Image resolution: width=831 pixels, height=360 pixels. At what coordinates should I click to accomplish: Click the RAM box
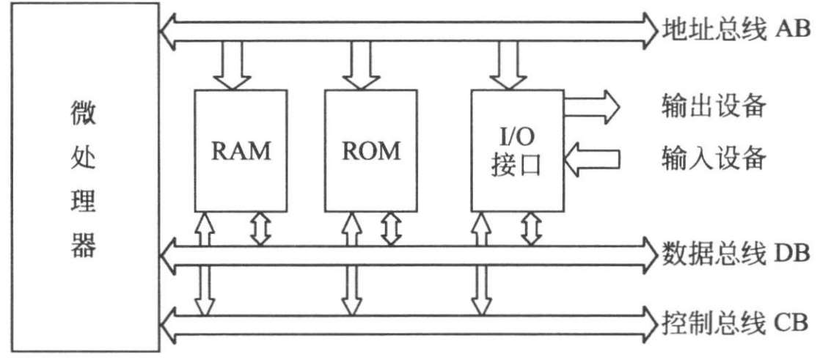240,150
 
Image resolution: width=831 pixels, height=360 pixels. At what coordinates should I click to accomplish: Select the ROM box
371,150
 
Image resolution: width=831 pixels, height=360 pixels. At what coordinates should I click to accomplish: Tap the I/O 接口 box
517,150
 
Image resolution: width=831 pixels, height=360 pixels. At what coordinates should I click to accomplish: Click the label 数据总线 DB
734,254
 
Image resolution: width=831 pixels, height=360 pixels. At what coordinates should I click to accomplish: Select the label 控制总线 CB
734,320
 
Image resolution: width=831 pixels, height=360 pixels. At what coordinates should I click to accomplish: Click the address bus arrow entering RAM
229,67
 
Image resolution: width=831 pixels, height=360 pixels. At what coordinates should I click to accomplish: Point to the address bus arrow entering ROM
362,67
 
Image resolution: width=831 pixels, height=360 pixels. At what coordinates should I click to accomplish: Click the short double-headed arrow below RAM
260,228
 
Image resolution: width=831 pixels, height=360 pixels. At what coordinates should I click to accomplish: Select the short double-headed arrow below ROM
391,228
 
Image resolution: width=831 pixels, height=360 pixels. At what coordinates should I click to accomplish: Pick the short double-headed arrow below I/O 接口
531,228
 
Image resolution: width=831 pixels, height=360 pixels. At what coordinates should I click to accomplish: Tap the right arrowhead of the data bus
649,254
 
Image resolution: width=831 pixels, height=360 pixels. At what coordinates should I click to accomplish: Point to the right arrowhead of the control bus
649,320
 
